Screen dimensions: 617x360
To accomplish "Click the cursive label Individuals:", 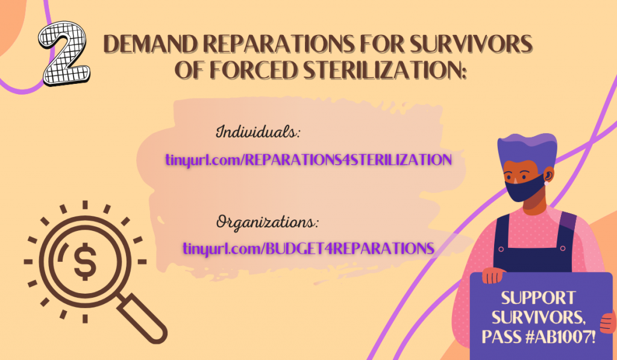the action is tap(258, 131).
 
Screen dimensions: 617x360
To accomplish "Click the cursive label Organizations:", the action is tap(267, 223).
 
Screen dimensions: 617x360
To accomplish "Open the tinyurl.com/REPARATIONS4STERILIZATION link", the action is tap(308, 160).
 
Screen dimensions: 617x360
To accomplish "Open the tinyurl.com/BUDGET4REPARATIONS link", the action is tap(308, 248).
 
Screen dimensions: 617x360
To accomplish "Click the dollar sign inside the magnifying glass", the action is tap(85, 261).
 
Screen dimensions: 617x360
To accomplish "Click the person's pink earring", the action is tap(547, 183).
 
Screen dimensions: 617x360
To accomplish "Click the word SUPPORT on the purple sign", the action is tap(538, 298).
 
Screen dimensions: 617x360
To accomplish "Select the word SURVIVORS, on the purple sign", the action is tap(538, 317).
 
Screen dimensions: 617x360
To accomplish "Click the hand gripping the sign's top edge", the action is tap(494, 275).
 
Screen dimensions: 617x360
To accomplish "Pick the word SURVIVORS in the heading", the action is tap(471, 44).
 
